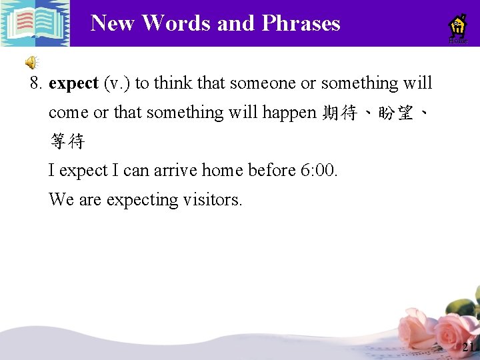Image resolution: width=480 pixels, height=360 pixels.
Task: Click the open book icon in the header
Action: pyautogui.click(x=35, y=23)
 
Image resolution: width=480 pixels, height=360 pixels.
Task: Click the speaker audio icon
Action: pyautogui.click(x=31, y=63)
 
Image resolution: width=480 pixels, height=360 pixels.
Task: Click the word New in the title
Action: pyautogui.click(x=114, y=23)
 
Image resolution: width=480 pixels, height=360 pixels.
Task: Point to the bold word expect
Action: pyautogui.click(x=73, y=84)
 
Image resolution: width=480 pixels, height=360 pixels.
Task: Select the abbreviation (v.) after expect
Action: pyautogui.click(x=117, y=84)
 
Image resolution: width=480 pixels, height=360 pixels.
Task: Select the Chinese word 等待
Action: pyautogui.click(x=67, y=141)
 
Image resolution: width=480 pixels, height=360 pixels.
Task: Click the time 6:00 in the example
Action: pyautogui.click(x=319, y=171)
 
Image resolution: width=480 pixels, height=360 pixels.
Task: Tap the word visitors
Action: pyautogui.click(x=212, y=200)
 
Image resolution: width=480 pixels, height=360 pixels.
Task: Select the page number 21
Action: pyautogui.click(x=469, y=347)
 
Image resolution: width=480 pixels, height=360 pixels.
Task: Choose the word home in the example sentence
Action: pyautogui.click(x=223, y=171)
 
